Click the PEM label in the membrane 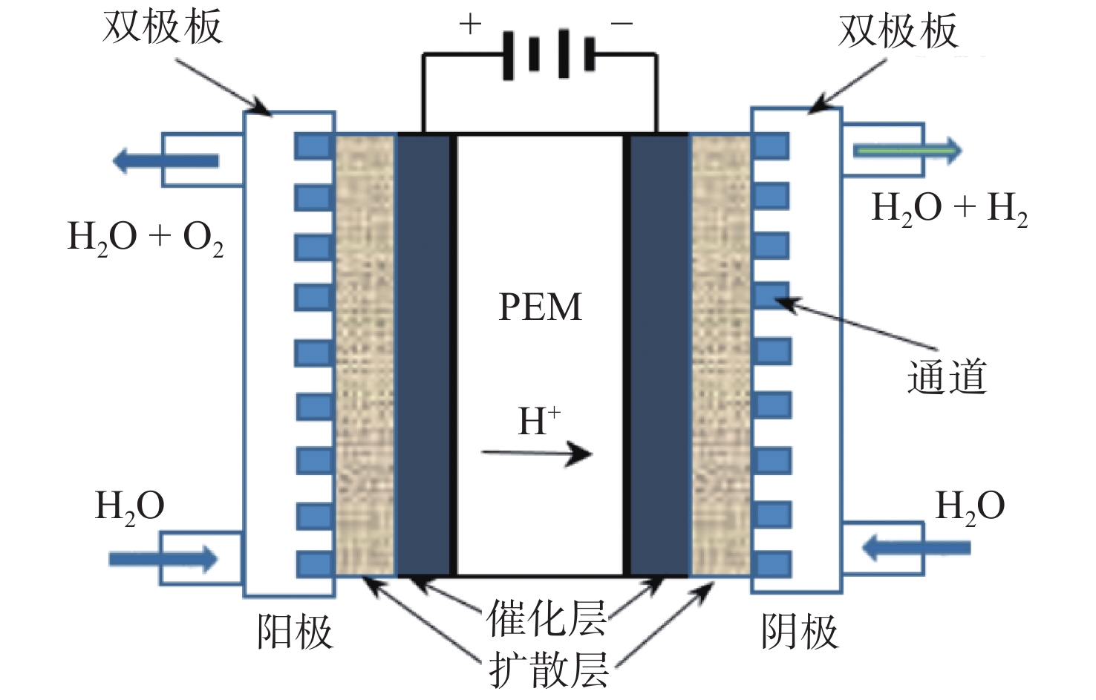tap(540, 307)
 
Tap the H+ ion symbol tap(539, 420)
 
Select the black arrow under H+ tap(537, 454)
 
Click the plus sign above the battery tap(470, 24)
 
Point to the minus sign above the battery tap(622, 23)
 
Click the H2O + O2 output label tap(146, 238)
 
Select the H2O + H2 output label tap(950, 209)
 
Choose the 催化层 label tap(546, 618)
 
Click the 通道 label tap(947, 377)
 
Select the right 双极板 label tap(898, 30)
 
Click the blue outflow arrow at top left tap(166, 160)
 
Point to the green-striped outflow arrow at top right tap(907, 151)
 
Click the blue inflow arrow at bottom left tap(163, 559)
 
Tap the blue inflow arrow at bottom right tap(916, 547)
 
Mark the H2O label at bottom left tap(129, 507)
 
